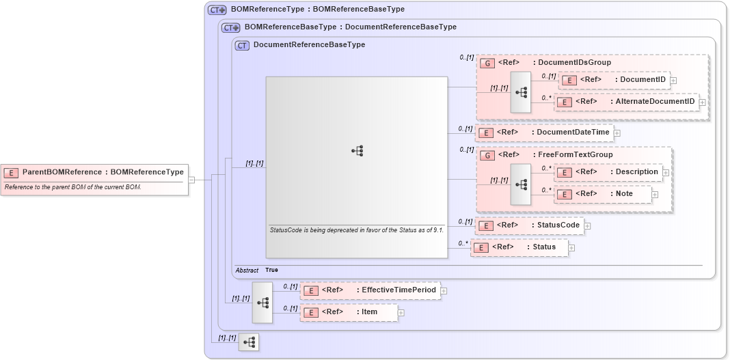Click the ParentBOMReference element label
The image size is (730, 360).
pyautogui.click(x=103, y=172)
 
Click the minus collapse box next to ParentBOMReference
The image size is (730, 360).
pyautogui.click(x=191, y=180)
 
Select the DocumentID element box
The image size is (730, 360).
pyautogui.click(x=614, y=80)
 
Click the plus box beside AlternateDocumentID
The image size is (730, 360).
pyautogui.click(x=702, y=102)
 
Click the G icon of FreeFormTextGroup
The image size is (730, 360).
pyautogui.click(x=487, y=155)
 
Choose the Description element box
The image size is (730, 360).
pyautogui.click(x=608, y=172)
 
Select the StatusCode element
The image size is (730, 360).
pyautogui.click(x=530, y=225)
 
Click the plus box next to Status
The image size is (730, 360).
pyautogui.click(x=571, y=248)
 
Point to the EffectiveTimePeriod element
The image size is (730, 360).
pyautogui.click(x=370, y=290)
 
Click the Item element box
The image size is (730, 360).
pyautogui.click(x=349, y=312)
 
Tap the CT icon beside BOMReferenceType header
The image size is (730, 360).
pyautogui.click(x=217, y=10)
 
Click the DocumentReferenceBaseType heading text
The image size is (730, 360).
pyautogui.click(x=309, y=45)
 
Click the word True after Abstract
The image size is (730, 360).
pyautogui.click(x=271, y=271)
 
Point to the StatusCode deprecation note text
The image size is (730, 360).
pyautogui.click(x=357, y=230)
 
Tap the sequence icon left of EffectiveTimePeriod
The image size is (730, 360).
pyautogui.click(x=262, y=302)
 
